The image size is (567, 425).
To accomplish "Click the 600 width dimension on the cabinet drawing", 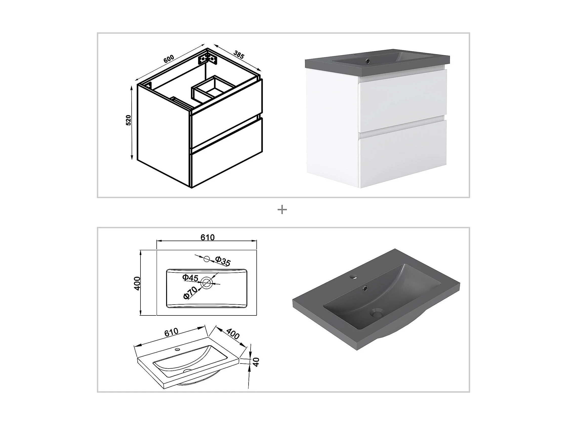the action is click(169, 59).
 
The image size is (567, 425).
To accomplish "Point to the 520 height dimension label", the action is click(129, 120).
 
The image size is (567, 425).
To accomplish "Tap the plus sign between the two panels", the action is click(282, 210).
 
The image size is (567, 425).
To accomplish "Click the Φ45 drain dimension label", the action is click(190, 278).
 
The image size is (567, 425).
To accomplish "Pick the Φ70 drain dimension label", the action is click(190, 293).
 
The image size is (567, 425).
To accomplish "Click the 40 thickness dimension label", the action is click(256, 362).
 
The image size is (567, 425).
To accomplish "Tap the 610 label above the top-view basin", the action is click(207, 238).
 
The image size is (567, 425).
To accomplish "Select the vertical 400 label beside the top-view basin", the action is click(137, 283).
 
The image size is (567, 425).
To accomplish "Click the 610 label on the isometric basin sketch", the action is click(171, 332).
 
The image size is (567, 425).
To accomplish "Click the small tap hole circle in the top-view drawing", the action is click(207, 259).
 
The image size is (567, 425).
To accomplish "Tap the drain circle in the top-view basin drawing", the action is click(206, 283).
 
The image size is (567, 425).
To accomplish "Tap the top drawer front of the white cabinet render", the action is click(403, 101).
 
